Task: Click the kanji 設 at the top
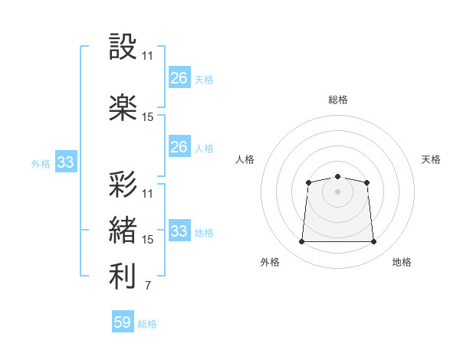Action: click(x=123, y=46)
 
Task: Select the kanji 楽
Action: click(x=123, y=107)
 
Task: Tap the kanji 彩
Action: click(x=123, y=184)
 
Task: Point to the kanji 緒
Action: click(x=123, y=230)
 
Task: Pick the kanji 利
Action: click(x=123, y=276)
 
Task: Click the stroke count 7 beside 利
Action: click(x=148, y=285)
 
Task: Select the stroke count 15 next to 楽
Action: click(x=147, y=117)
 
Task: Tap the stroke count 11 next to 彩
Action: click(x=147, y=194)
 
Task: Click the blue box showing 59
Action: click(x=123, y=321)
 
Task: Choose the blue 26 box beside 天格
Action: click(x=179, y=77)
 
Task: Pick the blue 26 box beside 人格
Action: click(x=179, y=146)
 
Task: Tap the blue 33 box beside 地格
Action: click(x=179, y=230)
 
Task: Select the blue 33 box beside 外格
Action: click(x=66, y=162)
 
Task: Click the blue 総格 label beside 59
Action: click(x=147, y=324)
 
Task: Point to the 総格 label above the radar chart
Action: click(x=338, y=100)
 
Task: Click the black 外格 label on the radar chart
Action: click(x=270, y=262)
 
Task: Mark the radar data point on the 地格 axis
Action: click(x=373, y=241)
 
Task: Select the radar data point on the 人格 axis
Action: click(x=308, y=182)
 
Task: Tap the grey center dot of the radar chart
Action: click(x=337, y=191)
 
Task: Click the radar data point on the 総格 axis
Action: click(x=337, y=176)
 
